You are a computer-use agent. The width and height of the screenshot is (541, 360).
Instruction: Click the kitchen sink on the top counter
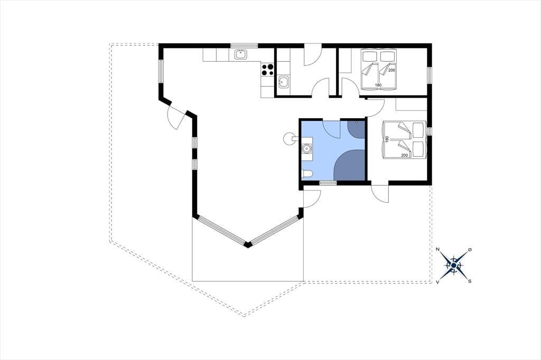pyautogui.click(x=240, y=54)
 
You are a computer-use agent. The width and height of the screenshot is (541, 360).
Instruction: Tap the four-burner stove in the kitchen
pyautogui.click(x=268, y=70)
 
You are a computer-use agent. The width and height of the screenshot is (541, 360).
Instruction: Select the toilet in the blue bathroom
pyautogui.click(x=307, y=174)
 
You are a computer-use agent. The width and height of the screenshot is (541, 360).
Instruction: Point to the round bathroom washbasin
pyautogui.click(x=306, y=149)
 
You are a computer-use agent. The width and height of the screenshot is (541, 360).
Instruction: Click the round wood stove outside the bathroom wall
pyautogui.click(x=288, y=139)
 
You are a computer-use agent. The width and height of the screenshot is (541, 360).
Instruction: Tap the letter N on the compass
pyautogui.click(x=437, y=249)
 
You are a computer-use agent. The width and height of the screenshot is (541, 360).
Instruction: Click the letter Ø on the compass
pyautogui.click(x=470, y=249)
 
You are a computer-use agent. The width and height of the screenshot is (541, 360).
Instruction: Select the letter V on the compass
pyautogui.click(x=437, y=282)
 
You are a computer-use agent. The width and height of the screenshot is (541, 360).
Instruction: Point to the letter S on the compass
pyautogui.click(x=470, y=281)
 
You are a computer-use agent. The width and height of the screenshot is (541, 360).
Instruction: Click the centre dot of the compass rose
pyautogui.click(x=454, y=265)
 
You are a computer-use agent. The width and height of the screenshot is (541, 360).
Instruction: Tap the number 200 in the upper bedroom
pyautogui.click(x=391, y=70)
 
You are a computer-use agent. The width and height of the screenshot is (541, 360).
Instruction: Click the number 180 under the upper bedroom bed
pyautogui.click(x=378, y=85)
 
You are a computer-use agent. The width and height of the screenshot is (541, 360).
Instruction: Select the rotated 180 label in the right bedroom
pyautogui.click(x=387, y=139)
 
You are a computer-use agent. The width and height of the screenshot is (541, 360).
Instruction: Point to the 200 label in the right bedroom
pyautogui.click(x=405, y=155)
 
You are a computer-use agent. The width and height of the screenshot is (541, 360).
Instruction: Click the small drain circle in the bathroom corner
pyautogui.click(x=357, y=122)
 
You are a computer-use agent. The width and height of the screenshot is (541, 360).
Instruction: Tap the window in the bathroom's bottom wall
pyautogui.click(x=328, y=183)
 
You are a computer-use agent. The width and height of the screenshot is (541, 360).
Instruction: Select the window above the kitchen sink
pyautogui.click(x=244, y=45)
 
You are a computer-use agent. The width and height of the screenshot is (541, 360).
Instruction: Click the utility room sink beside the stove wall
pyautogui.click(x=283, y=82)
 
